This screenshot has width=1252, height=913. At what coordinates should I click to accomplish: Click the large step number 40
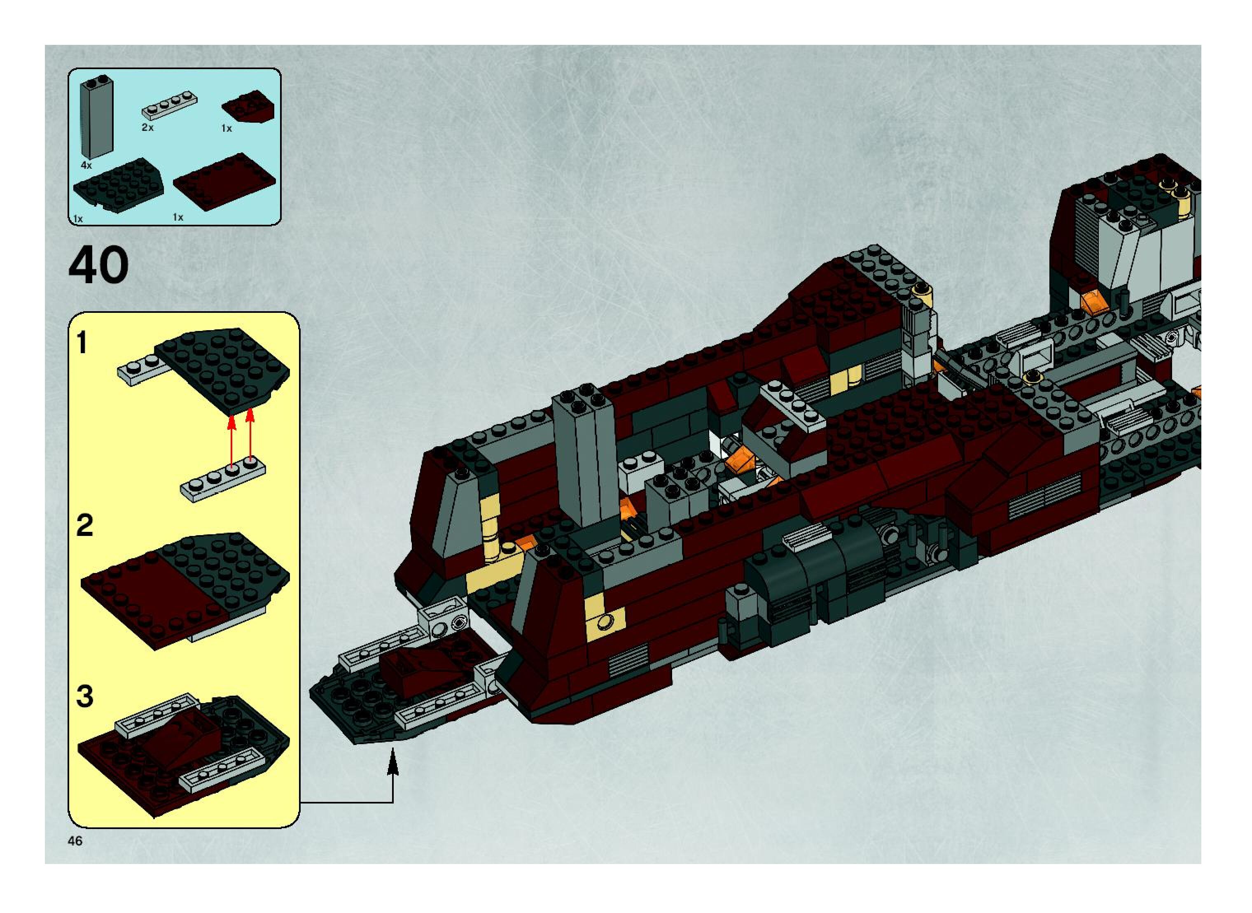coord(98,266)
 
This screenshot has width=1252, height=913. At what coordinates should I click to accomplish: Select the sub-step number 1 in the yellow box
coord(82,343)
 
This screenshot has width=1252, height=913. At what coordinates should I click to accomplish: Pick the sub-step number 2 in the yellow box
coord(84,525)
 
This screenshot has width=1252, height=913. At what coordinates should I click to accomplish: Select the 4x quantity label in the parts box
coord(86,165)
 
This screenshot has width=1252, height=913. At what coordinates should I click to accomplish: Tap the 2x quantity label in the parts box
coord(147,128)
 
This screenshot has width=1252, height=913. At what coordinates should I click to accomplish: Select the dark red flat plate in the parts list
coord(224,182)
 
